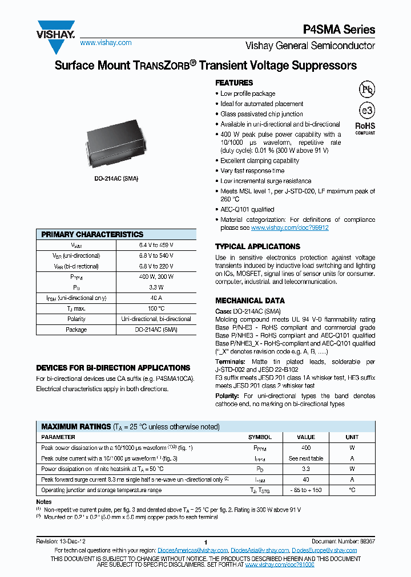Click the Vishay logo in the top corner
click(56, 31)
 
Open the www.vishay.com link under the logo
click(106, 43)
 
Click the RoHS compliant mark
click(365, 127)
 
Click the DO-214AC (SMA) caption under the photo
click(116, 178)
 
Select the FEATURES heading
click(234, 83)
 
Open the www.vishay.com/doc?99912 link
click(289, 227)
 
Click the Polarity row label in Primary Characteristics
click(76, 319)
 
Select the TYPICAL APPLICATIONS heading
click(257, 246)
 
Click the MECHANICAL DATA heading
click(249, 300)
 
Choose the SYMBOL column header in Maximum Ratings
click(260, 437)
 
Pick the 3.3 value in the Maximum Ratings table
click(306, 469)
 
